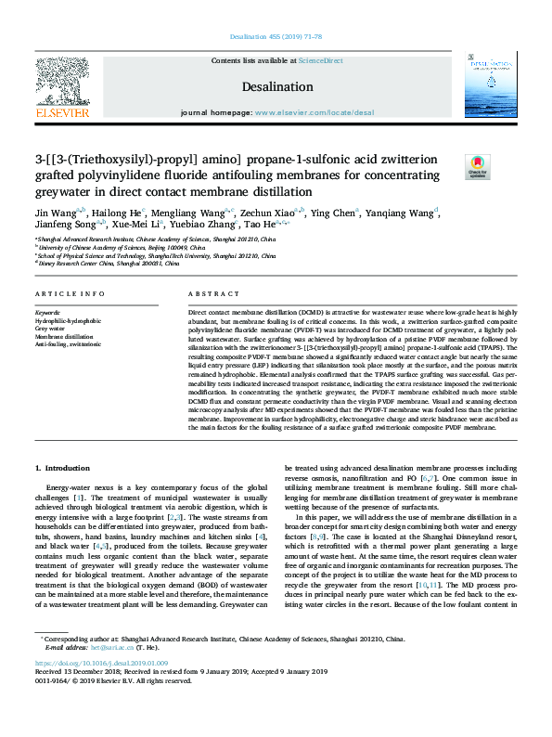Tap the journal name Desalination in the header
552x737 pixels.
coord(276,86)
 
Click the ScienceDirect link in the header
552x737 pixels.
coord(320,60)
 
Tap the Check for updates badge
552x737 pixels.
coord(477,167)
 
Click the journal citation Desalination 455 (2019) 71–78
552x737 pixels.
coord(276,37)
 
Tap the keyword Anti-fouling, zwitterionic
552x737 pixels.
coord(68,343)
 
